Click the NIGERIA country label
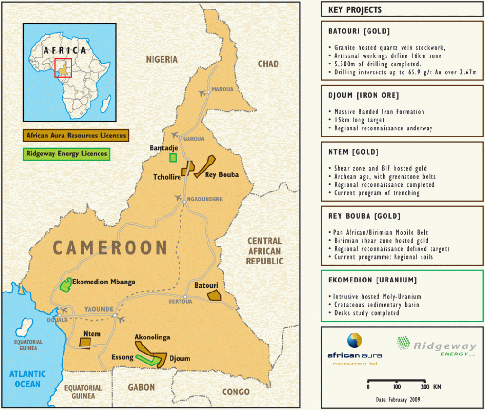click(162, 59)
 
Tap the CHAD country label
click(268, 64)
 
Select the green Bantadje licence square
click(173, 157)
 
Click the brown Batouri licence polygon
click(215, 295)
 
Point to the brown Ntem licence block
click(85, 343)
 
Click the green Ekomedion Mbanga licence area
click(65, 284)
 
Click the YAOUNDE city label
click(99, 310)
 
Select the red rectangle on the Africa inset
click(63, 68)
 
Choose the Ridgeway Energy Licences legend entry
click(66, 154)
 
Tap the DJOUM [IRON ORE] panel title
click(363, 96)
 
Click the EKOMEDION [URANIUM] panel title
click(372, 280)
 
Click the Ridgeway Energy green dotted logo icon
click(404, 343)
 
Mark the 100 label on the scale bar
click(397, 387)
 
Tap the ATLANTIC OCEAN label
click(27, 379)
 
